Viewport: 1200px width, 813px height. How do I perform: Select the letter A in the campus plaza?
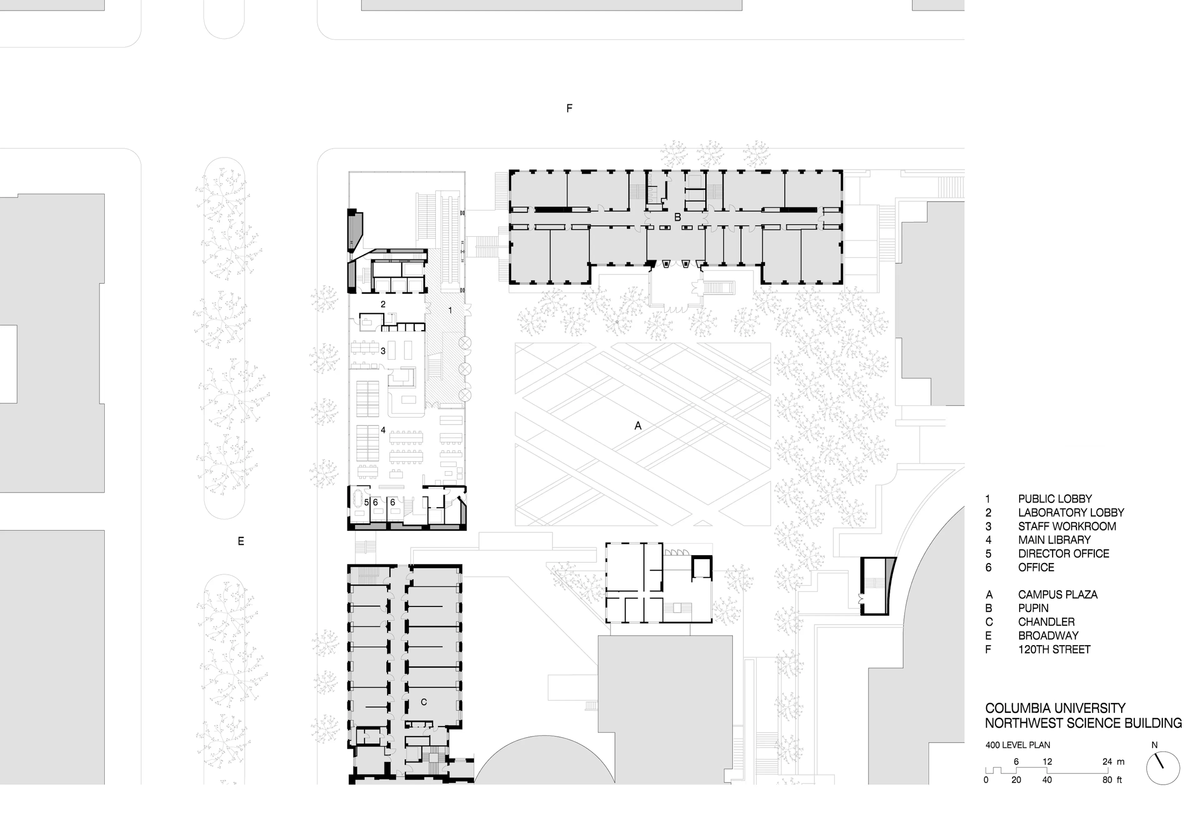[638, 426]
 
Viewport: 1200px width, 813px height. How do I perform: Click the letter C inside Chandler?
[424, 702]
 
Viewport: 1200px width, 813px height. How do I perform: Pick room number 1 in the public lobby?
[450, 310]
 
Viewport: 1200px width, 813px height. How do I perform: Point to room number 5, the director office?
[366, 502]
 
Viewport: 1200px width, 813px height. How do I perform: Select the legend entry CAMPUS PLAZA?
[1057, 595]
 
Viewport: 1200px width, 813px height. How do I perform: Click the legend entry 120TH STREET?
[1054, 649]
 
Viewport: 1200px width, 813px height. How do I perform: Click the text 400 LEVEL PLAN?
[1017, 745]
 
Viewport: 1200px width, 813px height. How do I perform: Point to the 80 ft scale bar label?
[1112, 780]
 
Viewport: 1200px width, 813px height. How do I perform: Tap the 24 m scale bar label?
[1113, 762]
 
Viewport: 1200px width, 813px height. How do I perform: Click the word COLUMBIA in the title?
[1015, 708]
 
